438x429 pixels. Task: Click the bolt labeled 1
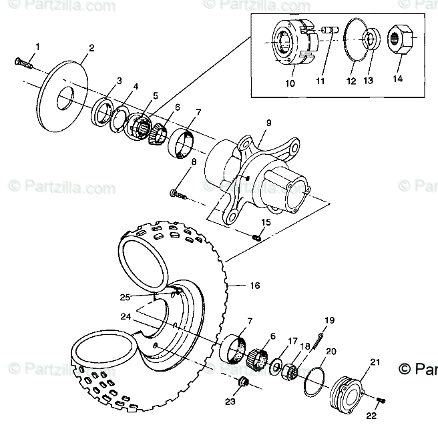(x=24, y=63)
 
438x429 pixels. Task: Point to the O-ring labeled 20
(x=313, y=379)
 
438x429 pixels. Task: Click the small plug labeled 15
(x=257, y=237)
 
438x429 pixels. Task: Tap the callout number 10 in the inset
(x=290, y=84)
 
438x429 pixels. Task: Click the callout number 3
(x=118, y=81)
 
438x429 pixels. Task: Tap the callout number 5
(x=154, y=95)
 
